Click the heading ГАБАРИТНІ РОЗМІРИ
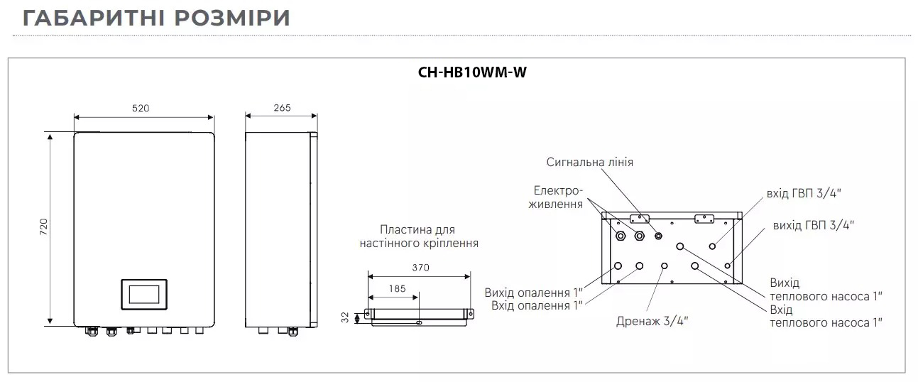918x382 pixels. click(x=156, y=18)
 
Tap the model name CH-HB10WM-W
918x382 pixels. click(x=471, y=72)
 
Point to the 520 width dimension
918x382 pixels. click(x=141, y=109)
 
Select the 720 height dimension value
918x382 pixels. click(x=42, y=227)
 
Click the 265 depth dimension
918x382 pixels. click(x=282, y=109)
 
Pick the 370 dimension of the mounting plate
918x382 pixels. click(x=420, y=268)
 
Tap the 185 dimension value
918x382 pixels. click(x=398, y=289)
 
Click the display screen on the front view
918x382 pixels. click(x=144, y=293)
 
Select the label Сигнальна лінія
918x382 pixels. click(x=589, y=162)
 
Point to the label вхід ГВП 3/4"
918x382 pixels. click(x=808, y=192)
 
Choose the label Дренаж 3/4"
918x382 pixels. click(x=652, y=320)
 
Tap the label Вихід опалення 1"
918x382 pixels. click(x=533, y=293)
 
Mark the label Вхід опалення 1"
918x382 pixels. click(x=537, y=305)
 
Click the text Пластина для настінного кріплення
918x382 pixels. click(x=418, y=236)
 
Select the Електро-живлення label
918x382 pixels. click(x=558, y=197)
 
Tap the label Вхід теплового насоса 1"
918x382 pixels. click(x=826, y=316)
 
